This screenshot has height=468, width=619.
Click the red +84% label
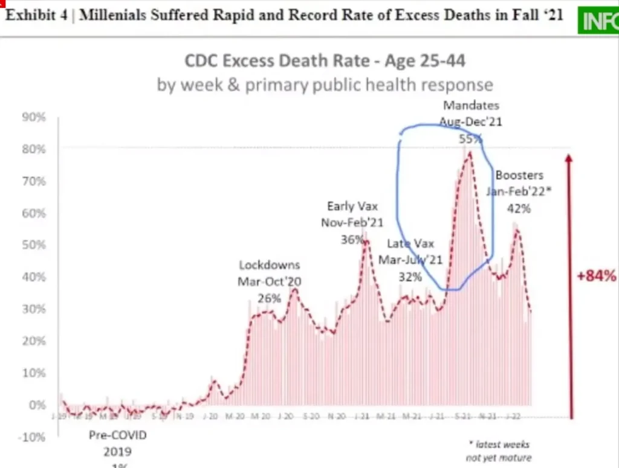595,277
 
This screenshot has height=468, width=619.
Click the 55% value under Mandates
471,138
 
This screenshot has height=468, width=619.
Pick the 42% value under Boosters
519,208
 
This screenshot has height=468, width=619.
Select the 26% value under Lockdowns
270,298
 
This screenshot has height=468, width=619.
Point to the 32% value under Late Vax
410,277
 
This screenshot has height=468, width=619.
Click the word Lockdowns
270,265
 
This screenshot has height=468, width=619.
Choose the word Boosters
519,175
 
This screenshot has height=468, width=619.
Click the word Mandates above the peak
471,106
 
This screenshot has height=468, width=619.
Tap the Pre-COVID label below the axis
118,435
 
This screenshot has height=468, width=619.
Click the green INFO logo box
598,22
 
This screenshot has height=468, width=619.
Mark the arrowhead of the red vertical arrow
569,158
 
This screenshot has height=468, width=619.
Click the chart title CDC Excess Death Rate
325,61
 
